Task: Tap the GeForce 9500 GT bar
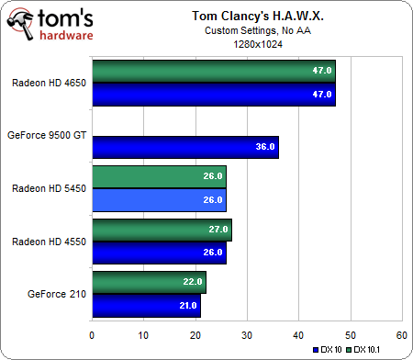coord(184,146)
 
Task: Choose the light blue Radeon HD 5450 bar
coord(159,200)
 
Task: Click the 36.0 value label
coord(263,146)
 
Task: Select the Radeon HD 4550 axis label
coord(49,242)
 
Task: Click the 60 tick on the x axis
coord(401,334)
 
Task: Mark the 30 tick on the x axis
coord(247,334)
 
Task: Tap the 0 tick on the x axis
coord(92,334)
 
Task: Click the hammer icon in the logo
coord(26,23)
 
